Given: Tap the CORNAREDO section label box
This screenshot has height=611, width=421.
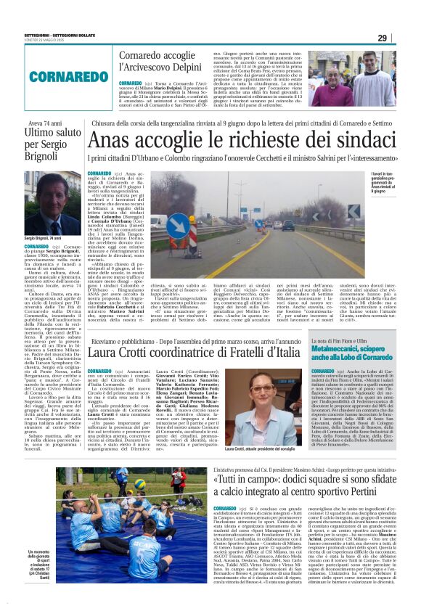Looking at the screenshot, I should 49,75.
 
